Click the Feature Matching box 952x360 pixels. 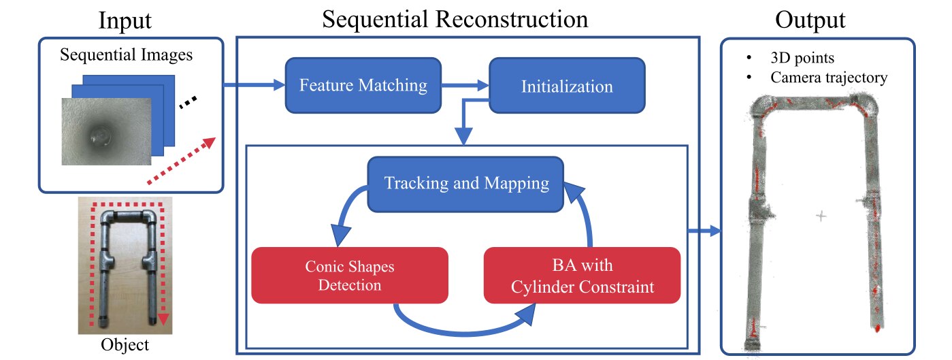click(363, 86)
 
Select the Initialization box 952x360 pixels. click(567, 86)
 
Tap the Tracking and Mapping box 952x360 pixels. click(465, 184)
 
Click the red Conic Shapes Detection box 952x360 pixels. click(350, 275)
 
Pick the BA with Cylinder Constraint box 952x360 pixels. click(582, 275)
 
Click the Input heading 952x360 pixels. click(125, 20)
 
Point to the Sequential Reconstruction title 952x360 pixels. click(455, 19)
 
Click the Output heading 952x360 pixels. click(810, 20)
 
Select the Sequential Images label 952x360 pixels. click(126, 55)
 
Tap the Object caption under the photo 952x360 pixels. click(125, 345)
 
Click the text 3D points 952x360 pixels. click(802, 57)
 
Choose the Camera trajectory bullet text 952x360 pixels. click(829, 78)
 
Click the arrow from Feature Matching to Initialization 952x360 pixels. click(465, 86)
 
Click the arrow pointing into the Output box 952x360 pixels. click(704, 231)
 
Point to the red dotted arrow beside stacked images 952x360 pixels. click(182, 161)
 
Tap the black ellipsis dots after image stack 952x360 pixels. click(188, 103)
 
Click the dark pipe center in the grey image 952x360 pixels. click(100, 135)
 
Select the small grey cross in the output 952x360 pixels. click(821, 216)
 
